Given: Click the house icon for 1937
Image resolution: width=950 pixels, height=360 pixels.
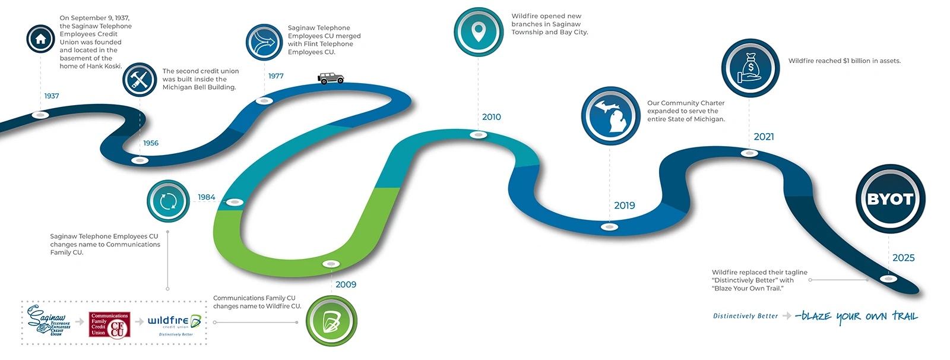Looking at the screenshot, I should coord(40,39).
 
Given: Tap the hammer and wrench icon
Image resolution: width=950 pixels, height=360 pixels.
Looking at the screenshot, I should coord(140,80).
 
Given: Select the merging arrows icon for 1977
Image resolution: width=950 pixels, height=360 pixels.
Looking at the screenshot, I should coord(264,42).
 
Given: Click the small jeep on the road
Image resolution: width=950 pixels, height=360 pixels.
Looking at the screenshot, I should coord(330,78).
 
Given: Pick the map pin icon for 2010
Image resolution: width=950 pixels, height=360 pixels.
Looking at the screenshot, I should coord(478,32).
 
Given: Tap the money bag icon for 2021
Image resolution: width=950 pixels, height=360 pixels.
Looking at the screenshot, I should coord(750,68).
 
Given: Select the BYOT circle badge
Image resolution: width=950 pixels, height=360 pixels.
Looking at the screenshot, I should coord(889,199).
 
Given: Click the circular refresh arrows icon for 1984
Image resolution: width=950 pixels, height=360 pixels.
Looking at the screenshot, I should coord(168,201).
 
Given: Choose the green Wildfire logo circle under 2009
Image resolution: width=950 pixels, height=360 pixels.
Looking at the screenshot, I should coord(331,321).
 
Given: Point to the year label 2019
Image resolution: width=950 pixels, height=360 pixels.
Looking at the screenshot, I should coord(624,206).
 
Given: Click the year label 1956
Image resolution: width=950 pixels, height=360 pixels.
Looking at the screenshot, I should coord(151,143).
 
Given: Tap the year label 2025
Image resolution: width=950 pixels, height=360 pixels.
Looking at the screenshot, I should coord(903,258).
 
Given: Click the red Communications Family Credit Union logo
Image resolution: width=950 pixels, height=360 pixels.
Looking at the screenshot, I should coord(109,325).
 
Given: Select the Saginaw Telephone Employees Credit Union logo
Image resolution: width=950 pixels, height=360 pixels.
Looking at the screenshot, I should coord(49,321).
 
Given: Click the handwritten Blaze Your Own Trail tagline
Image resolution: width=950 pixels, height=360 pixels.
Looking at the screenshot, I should coord(856,316).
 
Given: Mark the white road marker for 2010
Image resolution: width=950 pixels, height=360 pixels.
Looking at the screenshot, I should coord(478,135).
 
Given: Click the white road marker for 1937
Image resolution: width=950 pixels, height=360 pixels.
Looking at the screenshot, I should coord(40,115).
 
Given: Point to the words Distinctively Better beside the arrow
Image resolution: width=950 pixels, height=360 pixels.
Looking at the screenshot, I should coord(745,316).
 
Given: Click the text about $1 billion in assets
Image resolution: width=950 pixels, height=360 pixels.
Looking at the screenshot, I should coord(844,61).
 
